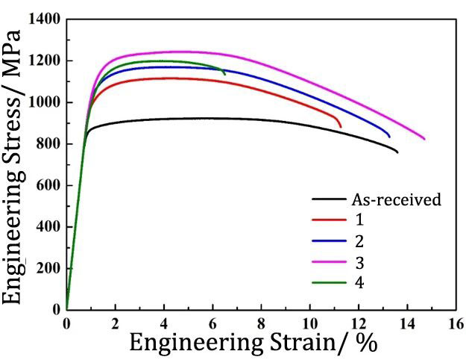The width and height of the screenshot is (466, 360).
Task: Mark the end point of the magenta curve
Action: (x=424, y=139)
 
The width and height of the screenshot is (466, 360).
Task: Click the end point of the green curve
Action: (x=224, y=74)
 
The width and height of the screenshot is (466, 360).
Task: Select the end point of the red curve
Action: (x=341, y=127)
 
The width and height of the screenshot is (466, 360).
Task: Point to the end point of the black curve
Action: (x=397, y=152)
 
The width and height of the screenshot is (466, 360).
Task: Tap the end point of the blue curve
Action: (x=389, y=137)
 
